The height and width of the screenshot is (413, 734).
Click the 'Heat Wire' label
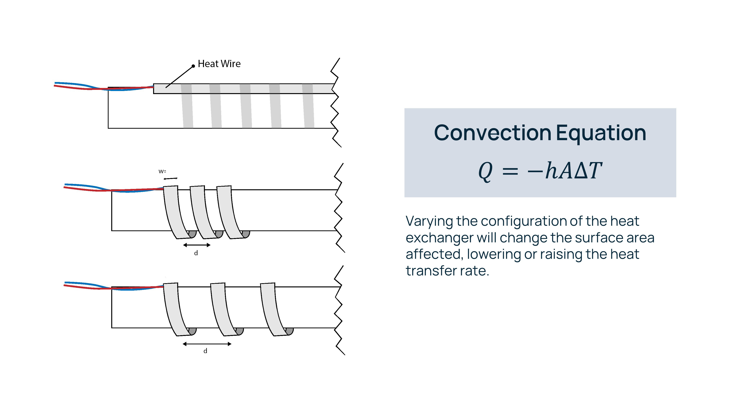219,64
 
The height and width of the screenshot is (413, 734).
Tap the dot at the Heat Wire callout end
193,66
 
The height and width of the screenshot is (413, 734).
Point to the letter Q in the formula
485,171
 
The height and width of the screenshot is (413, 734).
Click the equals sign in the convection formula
510,171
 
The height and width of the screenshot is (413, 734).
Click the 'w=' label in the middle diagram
162,171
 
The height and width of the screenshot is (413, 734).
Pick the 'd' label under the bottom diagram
205,351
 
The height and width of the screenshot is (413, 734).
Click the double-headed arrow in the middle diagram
197,245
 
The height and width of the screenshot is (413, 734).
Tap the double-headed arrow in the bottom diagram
207,344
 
